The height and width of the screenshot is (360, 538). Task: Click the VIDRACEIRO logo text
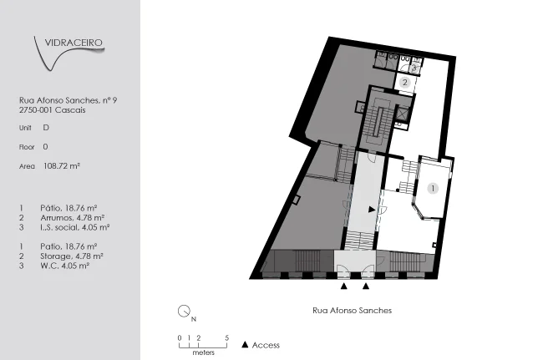pos(74,43)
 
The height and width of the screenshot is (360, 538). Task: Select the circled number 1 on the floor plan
pos(433,189)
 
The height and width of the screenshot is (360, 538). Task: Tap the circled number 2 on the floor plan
pos(405,83)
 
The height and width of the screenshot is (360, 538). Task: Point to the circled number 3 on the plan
pos(414,68)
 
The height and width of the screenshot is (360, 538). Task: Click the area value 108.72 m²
pos(62,166)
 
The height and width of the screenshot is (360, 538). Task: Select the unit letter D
pos(46,128)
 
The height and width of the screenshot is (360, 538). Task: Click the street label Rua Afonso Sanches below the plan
pos(352,311)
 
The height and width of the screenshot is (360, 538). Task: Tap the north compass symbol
pos(185,311)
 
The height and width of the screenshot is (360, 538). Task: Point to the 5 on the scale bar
pos(226,338)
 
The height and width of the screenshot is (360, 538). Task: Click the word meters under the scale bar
pos(204,352)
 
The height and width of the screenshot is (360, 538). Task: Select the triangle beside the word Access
pos(245,345)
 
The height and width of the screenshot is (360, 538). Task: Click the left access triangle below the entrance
pos(344,286)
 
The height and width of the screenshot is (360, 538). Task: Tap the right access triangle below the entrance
pos(366,286)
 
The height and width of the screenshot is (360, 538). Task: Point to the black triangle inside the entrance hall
pos(372,209)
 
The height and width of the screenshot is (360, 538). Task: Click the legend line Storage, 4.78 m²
pos(72,256)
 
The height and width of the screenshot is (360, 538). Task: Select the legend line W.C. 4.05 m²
pos(65,266)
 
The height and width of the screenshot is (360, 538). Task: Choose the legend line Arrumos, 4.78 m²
pos(73,217)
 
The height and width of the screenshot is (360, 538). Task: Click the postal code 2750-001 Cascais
pos(52,110)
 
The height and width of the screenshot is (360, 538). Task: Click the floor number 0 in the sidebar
pos(45,147)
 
